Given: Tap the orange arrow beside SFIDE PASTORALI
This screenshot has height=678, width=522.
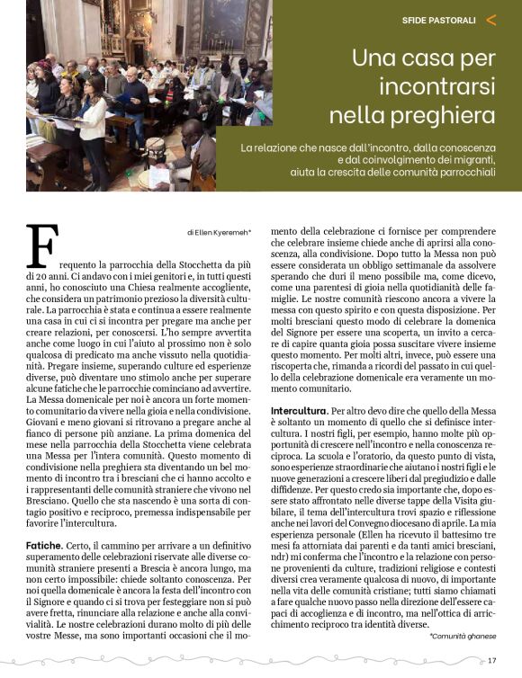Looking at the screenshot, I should (490, 19).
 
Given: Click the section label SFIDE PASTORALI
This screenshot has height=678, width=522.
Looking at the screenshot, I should (439, 20).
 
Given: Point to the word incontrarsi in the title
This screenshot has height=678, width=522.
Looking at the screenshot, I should (436, 88).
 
